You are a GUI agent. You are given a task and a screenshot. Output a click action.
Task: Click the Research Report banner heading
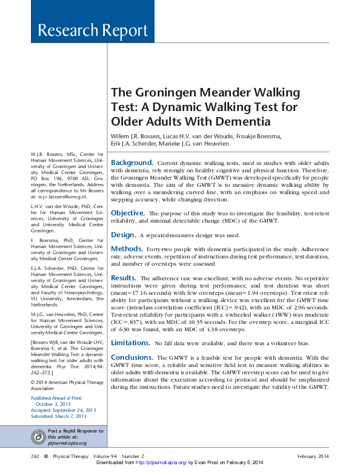pyautogui.click(x=92, y=30)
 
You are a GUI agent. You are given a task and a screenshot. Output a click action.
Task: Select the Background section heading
pyautogui.click(x=132, y=163)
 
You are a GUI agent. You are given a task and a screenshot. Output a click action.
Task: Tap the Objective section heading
pyautogui.click(x=127, y=213)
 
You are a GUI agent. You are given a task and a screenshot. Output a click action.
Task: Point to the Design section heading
pyautogui.click(x=122, y=234)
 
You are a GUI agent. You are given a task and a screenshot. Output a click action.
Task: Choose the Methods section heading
pyautogui.click(x=127, y=249)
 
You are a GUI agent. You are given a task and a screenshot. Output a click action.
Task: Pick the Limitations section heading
pyautogui.click(x=131, y=343)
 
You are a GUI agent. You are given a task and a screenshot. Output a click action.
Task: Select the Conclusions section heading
pyautogui.click(x=132, y=357)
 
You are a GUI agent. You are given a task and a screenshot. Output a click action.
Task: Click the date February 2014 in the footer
pyautogui.click(x=313, y=456)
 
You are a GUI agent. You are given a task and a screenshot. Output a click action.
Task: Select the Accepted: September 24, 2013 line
pyautogui.click(x=64, y=410)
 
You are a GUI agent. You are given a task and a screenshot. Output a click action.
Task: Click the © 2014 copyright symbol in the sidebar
pyautogui.click(x=33, y=383)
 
